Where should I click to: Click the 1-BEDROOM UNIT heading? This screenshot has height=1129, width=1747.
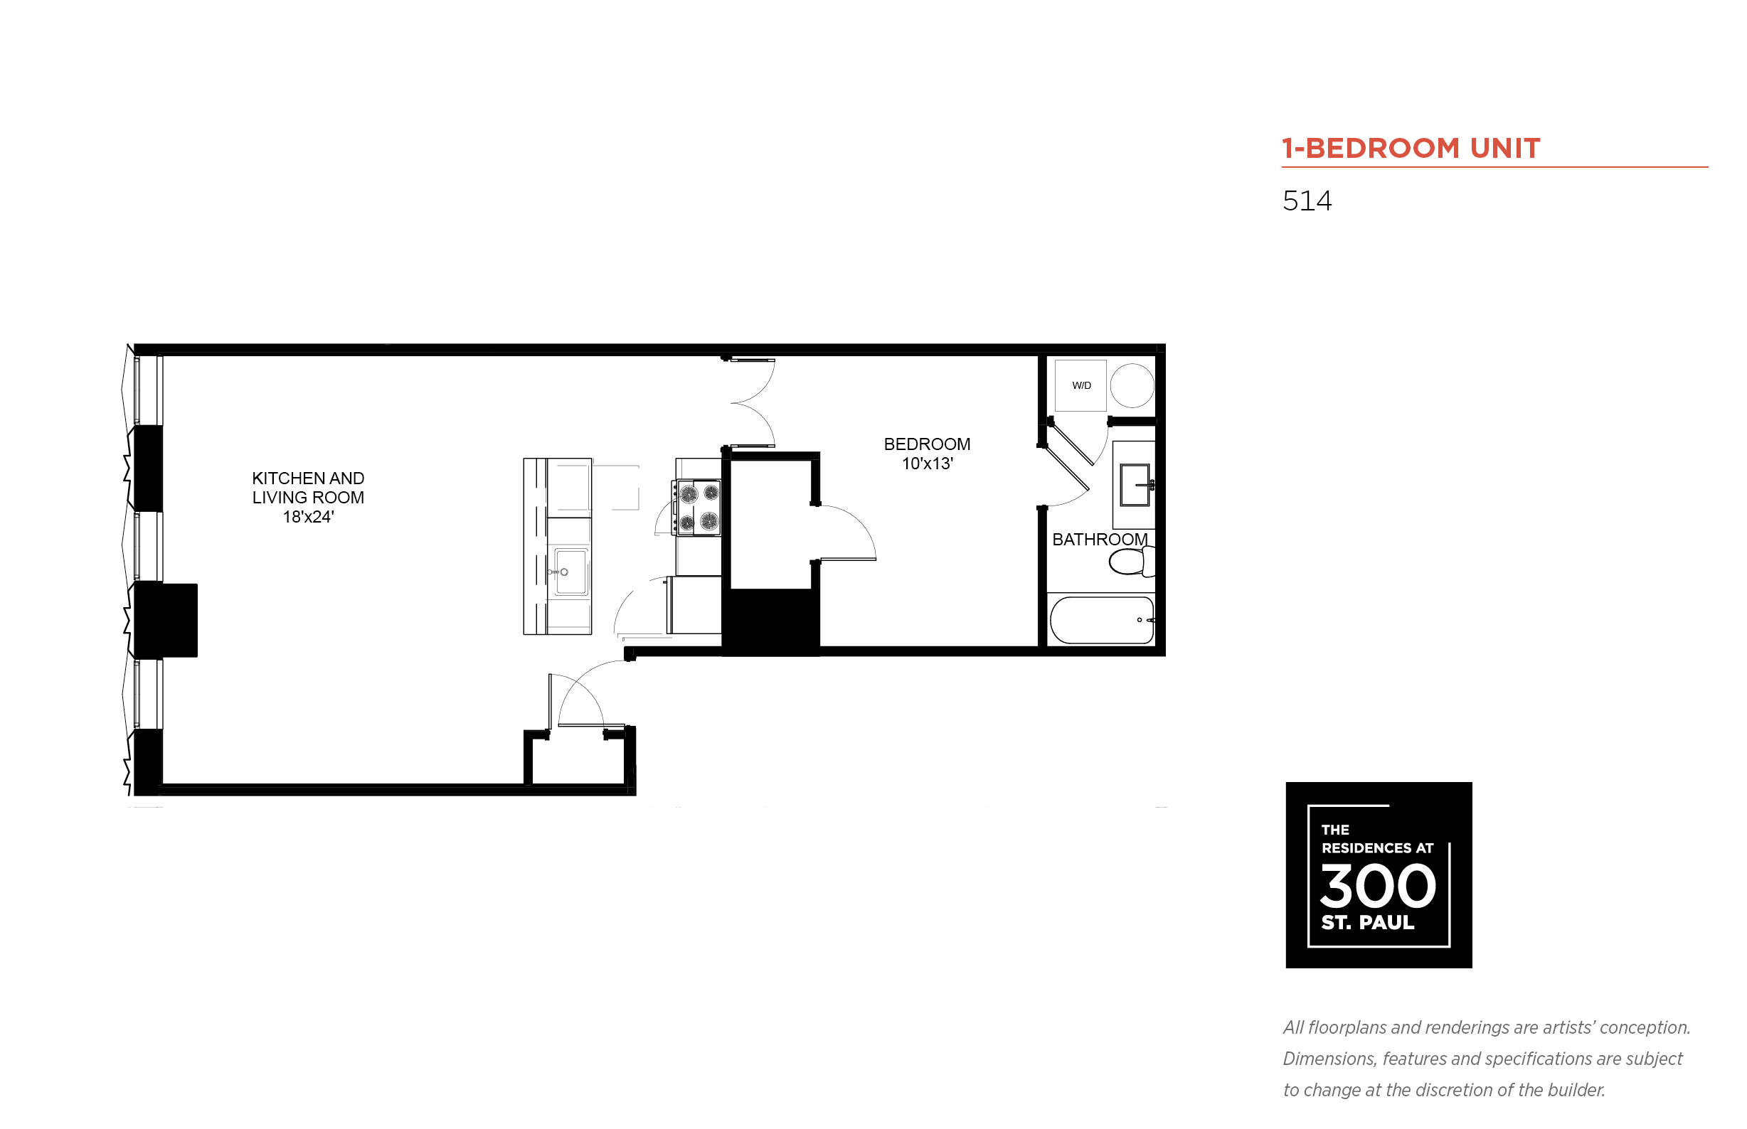[x=1410, y=148]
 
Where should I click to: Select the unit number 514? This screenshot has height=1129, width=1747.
[x=1307, y=200]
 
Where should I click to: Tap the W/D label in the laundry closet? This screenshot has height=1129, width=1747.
[x=1081, y=385]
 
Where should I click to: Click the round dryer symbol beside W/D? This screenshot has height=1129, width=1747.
[x=1132, y=385]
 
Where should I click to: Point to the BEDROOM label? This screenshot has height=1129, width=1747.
[x=926, y=444]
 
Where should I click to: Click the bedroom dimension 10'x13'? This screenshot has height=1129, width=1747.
[x=927, y=464]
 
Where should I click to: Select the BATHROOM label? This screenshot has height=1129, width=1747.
[x=1100, y=540]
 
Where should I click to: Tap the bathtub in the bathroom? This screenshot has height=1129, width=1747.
[x=1102, y=620]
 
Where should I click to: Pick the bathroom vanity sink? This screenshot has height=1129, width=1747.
[x=1134, y=485]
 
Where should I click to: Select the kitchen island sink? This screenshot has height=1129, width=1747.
[x=570, y=572]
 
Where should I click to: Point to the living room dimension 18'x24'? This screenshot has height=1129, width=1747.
[x=308, y=517]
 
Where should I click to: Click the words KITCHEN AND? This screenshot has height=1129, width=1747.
[x=308, y=478]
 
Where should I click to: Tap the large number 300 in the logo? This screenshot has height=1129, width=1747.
[x=1377, y=886]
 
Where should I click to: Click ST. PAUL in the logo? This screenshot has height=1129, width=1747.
[x=1367, y=922]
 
